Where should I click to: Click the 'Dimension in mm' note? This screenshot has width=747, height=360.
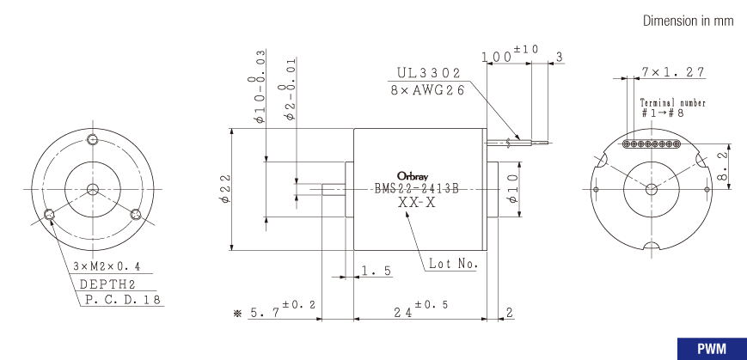[x=688, y=21]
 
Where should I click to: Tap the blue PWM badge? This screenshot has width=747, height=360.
[x=712, y=349]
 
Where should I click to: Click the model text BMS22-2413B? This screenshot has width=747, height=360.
[x=416, y=189]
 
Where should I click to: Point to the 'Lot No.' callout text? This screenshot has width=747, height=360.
[x=452, y=263]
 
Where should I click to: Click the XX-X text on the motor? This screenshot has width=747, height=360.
[x=416, y=203]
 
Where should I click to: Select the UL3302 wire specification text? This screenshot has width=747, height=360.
[x=429, y=73]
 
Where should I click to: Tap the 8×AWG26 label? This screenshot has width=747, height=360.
[x=427, y=90]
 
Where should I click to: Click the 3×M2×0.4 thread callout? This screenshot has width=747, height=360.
[x=107, y=266]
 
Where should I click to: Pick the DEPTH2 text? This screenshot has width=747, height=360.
[x=107, y=284]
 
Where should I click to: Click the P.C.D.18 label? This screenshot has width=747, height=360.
[x=123, y=300]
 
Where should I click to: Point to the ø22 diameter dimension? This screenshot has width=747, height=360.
[x=225, y=188]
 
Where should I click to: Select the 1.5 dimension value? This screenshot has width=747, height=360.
[x=377, y=271]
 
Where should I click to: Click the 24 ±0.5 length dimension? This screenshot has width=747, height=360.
[x=420, y=309]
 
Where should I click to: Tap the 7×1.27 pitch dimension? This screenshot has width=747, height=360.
[x=672, y=72]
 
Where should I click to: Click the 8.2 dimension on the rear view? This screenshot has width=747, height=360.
[x=722, y=166]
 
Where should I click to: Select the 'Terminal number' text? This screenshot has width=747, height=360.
[x=673, y=103]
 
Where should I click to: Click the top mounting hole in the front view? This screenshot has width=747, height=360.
[x=93, y=139]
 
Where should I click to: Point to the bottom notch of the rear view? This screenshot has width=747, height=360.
[x=652, y=246]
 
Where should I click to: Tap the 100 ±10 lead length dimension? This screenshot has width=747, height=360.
[x=509, y=53]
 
